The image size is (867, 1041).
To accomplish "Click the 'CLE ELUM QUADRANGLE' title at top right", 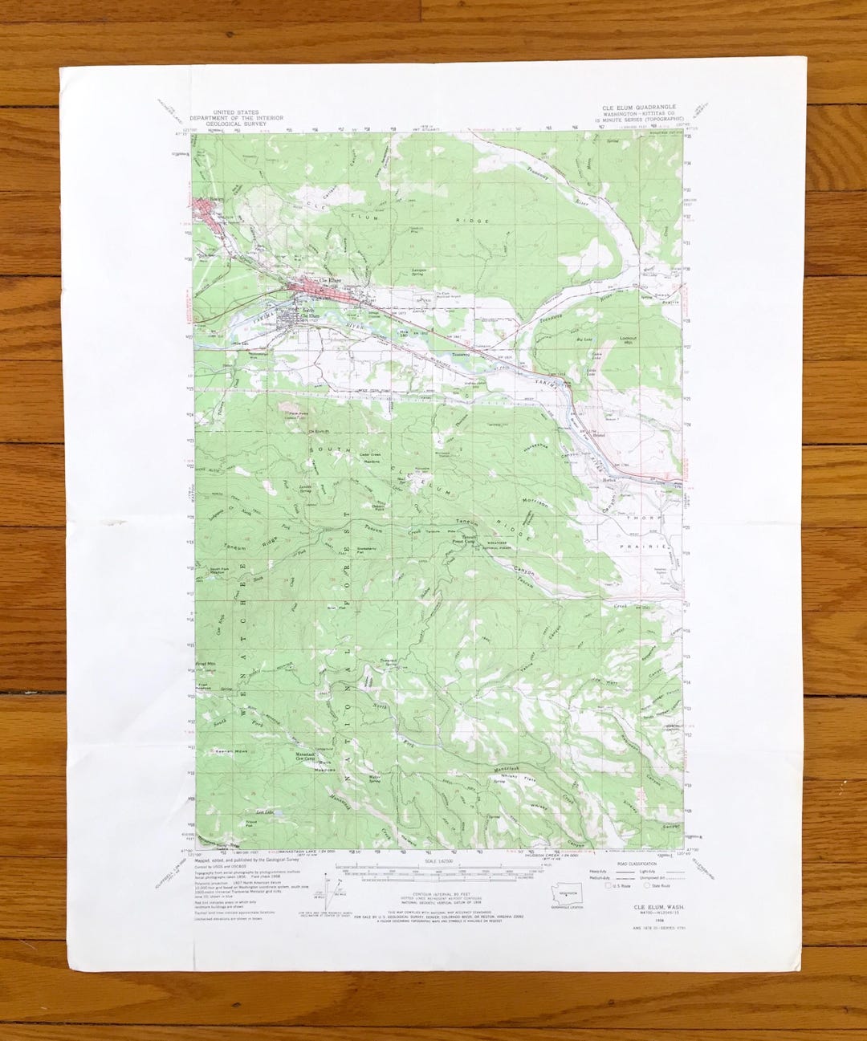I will coord(639,107).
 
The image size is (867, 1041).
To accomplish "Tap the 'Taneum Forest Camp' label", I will coord(469,541).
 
